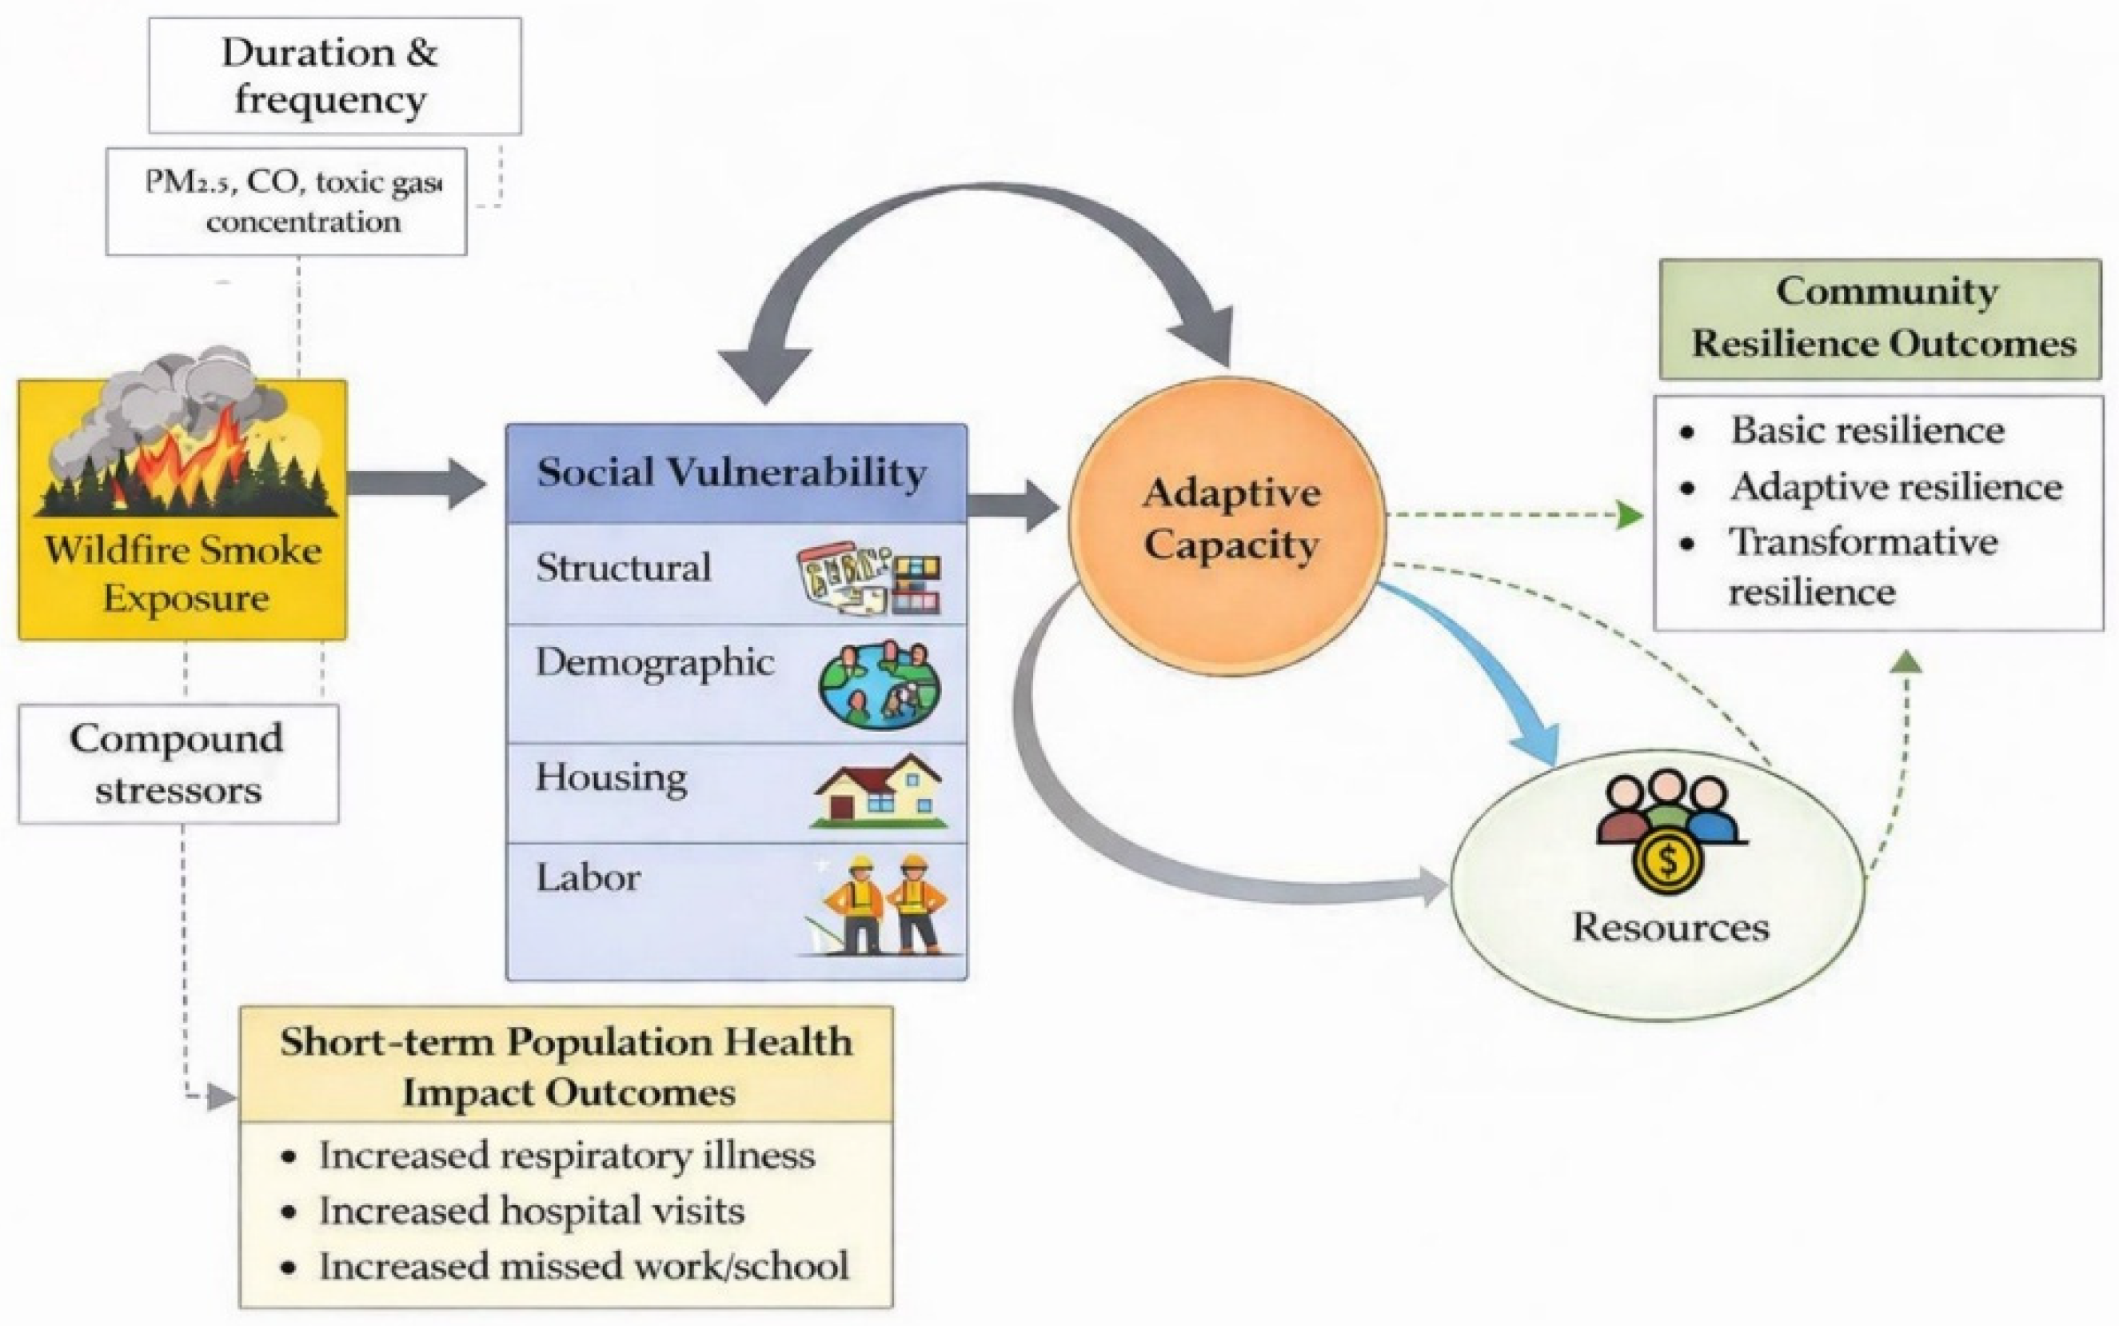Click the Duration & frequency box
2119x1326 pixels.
tap(335, 76)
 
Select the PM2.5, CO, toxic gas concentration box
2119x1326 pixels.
tap(287, 202)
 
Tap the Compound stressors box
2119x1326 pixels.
tap(179, 764)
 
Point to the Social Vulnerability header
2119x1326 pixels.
tap(736, 473)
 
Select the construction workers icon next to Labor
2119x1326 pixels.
tap(881, 905)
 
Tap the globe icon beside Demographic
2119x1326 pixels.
tap(879, 685)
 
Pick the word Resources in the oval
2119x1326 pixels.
tap(1670, 927)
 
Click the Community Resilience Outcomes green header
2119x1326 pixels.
tap(1881, 319)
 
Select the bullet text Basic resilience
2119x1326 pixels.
tap(1867, 429)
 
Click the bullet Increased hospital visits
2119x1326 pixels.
tap(531, 1211)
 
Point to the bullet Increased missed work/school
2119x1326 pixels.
tap(584, 1266)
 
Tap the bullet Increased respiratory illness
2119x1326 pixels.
tap(566, 1155)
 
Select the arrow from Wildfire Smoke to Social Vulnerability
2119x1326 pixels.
tap(417, 483)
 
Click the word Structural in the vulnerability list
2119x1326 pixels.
tap(624, 567)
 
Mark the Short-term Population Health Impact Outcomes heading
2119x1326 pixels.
tap(566, 1066)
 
